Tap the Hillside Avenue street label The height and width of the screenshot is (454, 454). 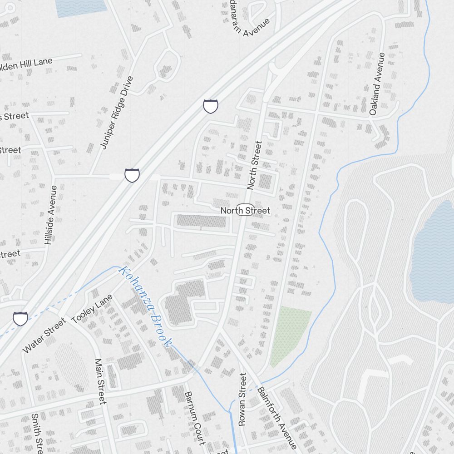50,215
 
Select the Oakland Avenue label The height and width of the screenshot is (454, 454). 376,84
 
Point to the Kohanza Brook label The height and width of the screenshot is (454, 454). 145,307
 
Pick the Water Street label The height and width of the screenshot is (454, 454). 44,335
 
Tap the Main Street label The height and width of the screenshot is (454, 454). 100,381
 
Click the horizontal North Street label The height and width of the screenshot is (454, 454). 245,211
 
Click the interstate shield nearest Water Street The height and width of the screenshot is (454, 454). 20,318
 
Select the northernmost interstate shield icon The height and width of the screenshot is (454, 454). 210,106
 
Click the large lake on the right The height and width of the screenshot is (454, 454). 434,254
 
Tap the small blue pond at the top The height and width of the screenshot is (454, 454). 81,6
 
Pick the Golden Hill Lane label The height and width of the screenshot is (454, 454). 25,64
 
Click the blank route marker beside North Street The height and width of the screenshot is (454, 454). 245,210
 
